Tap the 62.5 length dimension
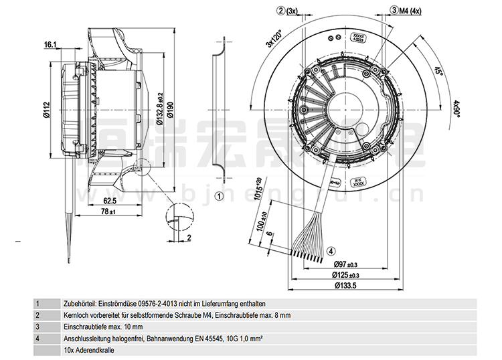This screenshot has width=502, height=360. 110,200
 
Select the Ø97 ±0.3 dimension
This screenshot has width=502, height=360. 345,264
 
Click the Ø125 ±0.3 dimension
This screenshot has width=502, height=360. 345,275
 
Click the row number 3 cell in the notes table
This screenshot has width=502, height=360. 38,327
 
